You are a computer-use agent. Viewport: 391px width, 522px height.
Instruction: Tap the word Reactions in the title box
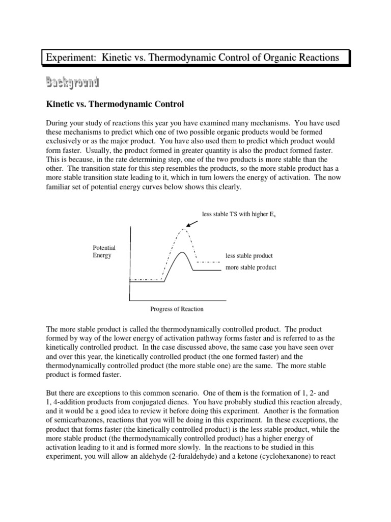click(316, 58)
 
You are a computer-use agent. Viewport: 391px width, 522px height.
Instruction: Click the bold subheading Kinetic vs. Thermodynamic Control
click(115, 104)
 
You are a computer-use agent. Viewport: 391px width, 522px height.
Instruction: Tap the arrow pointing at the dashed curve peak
click(192, 223)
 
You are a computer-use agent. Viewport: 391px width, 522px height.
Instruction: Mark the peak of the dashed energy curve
click(182, 230)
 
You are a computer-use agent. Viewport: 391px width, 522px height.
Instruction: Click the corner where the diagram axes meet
click(130, 300)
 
